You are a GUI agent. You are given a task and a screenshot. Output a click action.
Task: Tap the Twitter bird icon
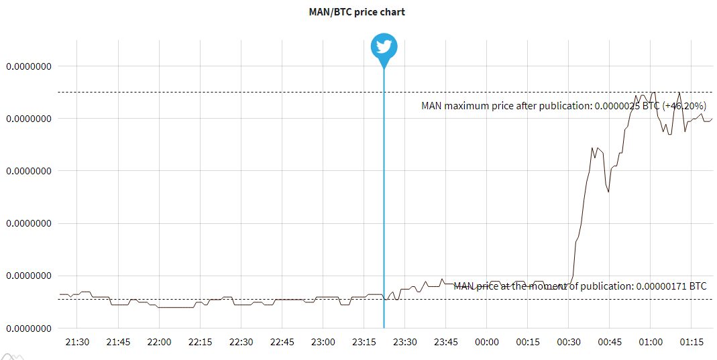(384, 47)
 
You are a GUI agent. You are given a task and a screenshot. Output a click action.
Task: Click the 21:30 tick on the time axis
(78, 342)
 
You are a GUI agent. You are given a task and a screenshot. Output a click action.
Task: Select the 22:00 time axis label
(159, 342)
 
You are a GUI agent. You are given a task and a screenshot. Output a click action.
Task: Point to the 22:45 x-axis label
(282, 342)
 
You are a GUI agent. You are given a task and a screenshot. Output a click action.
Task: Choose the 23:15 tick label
(364, 342)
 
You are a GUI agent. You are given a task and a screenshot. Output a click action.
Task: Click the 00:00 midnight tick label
(486, 342)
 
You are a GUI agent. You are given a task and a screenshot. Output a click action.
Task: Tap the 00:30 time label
(568, 342)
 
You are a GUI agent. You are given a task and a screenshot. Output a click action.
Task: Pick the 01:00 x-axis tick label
(650, 342)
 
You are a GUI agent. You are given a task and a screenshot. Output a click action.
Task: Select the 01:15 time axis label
(692, 342)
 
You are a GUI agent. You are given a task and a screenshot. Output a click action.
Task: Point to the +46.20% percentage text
(684, 106)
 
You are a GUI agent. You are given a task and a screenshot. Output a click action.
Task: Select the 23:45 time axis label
(445, 342)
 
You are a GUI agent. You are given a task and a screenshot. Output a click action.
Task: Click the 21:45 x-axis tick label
(119, 342)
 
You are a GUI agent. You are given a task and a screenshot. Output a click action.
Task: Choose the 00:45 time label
(609, 342)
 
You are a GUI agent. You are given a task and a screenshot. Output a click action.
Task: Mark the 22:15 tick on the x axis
(200, 342)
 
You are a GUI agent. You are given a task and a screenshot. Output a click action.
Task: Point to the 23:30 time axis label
(404, 342)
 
